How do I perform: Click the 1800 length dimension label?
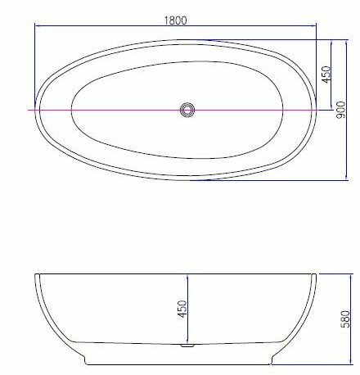[176, 20]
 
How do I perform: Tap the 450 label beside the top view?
[326, 75]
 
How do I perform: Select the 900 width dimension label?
[340, 110]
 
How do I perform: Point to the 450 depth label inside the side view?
[182, 309]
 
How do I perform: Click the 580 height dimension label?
[345, 319]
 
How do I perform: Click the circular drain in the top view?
[187, 110]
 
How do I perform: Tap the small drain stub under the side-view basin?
[187, 346]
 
